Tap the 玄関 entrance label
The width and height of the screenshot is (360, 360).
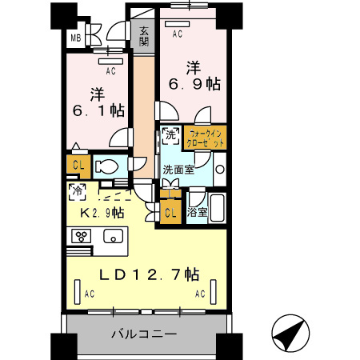(x=144, y=37)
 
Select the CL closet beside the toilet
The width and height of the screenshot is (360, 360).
(x=78, y=166)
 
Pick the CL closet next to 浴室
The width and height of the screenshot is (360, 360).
(x=170, y=212)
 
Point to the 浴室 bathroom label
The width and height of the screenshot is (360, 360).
(x=196, y=214)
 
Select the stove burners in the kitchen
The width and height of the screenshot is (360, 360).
(x=82, y=236)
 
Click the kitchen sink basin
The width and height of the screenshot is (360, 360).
(x=113, y=237)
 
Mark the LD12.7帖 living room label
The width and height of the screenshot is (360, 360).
(x=149, y=274)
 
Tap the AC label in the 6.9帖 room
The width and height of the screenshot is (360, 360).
(x=177, y=34)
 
